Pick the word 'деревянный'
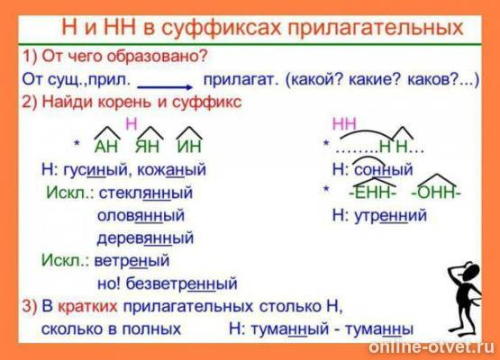click(x=145, y=238)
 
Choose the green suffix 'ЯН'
click(x=150, y=146)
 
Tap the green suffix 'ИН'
click(x=189, y=146)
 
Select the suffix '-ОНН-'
click(x=435, y=193)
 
